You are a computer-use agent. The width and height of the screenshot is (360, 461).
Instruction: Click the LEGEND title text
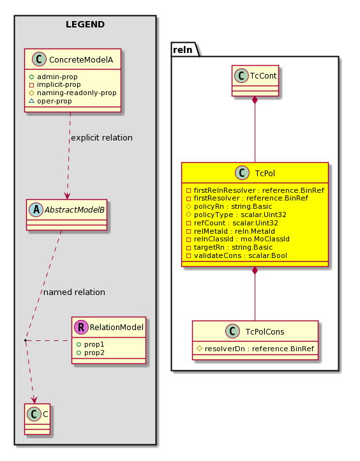[85, 24]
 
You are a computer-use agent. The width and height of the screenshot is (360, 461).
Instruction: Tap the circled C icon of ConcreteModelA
[39, 59]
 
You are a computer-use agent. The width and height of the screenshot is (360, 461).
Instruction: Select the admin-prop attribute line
[54, 77]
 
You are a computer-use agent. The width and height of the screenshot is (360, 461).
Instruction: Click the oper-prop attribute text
[54, 101]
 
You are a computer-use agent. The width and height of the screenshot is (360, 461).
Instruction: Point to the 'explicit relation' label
[101, 137]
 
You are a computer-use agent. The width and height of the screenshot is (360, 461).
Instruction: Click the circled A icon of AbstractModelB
[36, 209]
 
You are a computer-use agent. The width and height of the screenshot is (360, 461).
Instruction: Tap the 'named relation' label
[74, 292]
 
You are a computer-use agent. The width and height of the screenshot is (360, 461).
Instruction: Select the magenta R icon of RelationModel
[82, 327]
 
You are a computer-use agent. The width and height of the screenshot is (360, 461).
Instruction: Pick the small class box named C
[37, 419]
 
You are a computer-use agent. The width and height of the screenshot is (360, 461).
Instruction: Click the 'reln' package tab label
[183, 50]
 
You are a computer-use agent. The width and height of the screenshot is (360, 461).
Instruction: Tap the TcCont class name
[264, 76]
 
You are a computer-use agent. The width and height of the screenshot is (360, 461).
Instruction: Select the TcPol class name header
[265, 173]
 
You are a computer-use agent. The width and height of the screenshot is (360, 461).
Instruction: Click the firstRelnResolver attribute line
[255, 190]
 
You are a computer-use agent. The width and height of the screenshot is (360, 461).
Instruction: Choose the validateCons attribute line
[237, 255]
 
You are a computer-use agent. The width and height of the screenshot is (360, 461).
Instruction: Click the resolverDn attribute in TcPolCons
[255, 349]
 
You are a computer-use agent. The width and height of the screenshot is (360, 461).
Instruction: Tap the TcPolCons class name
[265, 331]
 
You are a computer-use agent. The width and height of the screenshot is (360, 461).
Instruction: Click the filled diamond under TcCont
[255, 100]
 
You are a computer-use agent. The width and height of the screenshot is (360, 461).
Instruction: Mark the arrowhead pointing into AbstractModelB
[67, 196]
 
